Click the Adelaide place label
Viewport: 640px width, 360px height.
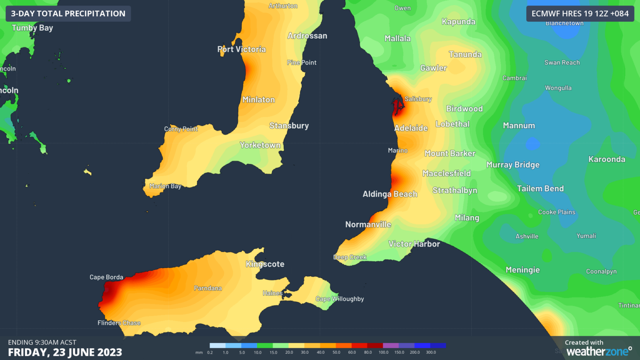click(x=411, y=128)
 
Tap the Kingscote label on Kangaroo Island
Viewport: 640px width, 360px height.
click(x=265, y=264)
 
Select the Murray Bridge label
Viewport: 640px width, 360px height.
click(x=513, y=165)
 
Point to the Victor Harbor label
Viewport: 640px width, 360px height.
click(x=414, y=244)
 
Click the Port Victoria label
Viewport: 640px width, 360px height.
click(x=242, y=50)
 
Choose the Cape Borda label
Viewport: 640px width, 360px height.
click(x=106, y=277)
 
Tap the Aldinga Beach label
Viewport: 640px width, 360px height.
click(x=390, y=194)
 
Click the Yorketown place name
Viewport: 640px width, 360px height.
click(x=260, y=145)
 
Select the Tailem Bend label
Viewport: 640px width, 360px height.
click(x=540, y=189)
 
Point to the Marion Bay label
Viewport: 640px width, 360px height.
click(x=165, y=186)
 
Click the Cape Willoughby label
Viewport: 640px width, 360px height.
click(x=340, y=299)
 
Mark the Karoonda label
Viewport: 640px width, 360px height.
click(x=607, y=159)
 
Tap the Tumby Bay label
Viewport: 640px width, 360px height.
click(x=32, y=28)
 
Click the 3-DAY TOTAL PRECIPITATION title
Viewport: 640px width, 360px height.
click(x=68, y=14)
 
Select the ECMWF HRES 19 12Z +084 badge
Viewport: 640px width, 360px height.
click(x=580, y=14)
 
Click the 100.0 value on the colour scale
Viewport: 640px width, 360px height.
click(x=383, y=352)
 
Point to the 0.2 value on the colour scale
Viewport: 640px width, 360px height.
click(x=210, y=352)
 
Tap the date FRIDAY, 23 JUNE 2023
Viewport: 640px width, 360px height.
click(x=65, y=352)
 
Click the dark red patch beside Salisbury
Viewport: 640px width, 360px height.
click(x=397, y=107)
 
